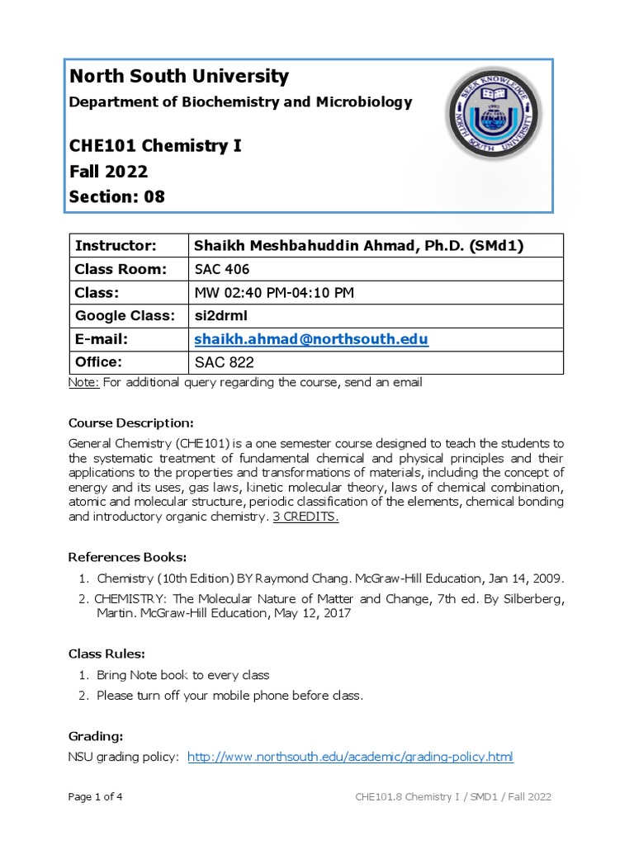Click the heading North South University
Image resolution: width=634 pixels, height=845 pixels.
(x=179, y=77)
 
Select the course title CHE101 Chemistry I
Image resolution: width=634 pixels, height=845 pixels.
(x=156, y=147)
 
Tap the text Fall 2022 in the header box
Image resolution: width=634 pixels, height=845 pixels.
(x=109, y=172)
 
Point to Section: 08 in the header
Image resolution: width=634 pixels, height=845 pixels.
(x=117, y=196)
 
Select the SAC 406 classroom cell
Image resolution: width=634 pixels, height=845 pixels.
(x=221, y=269)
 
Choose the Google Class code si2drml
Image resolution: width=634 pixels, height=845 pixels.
(x=220, y=316)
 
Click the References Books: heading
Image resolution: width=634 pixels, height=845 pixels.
(x=127, y=556)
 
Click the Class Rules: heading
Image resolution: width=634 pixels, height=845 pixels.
(x=106, y=654)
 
